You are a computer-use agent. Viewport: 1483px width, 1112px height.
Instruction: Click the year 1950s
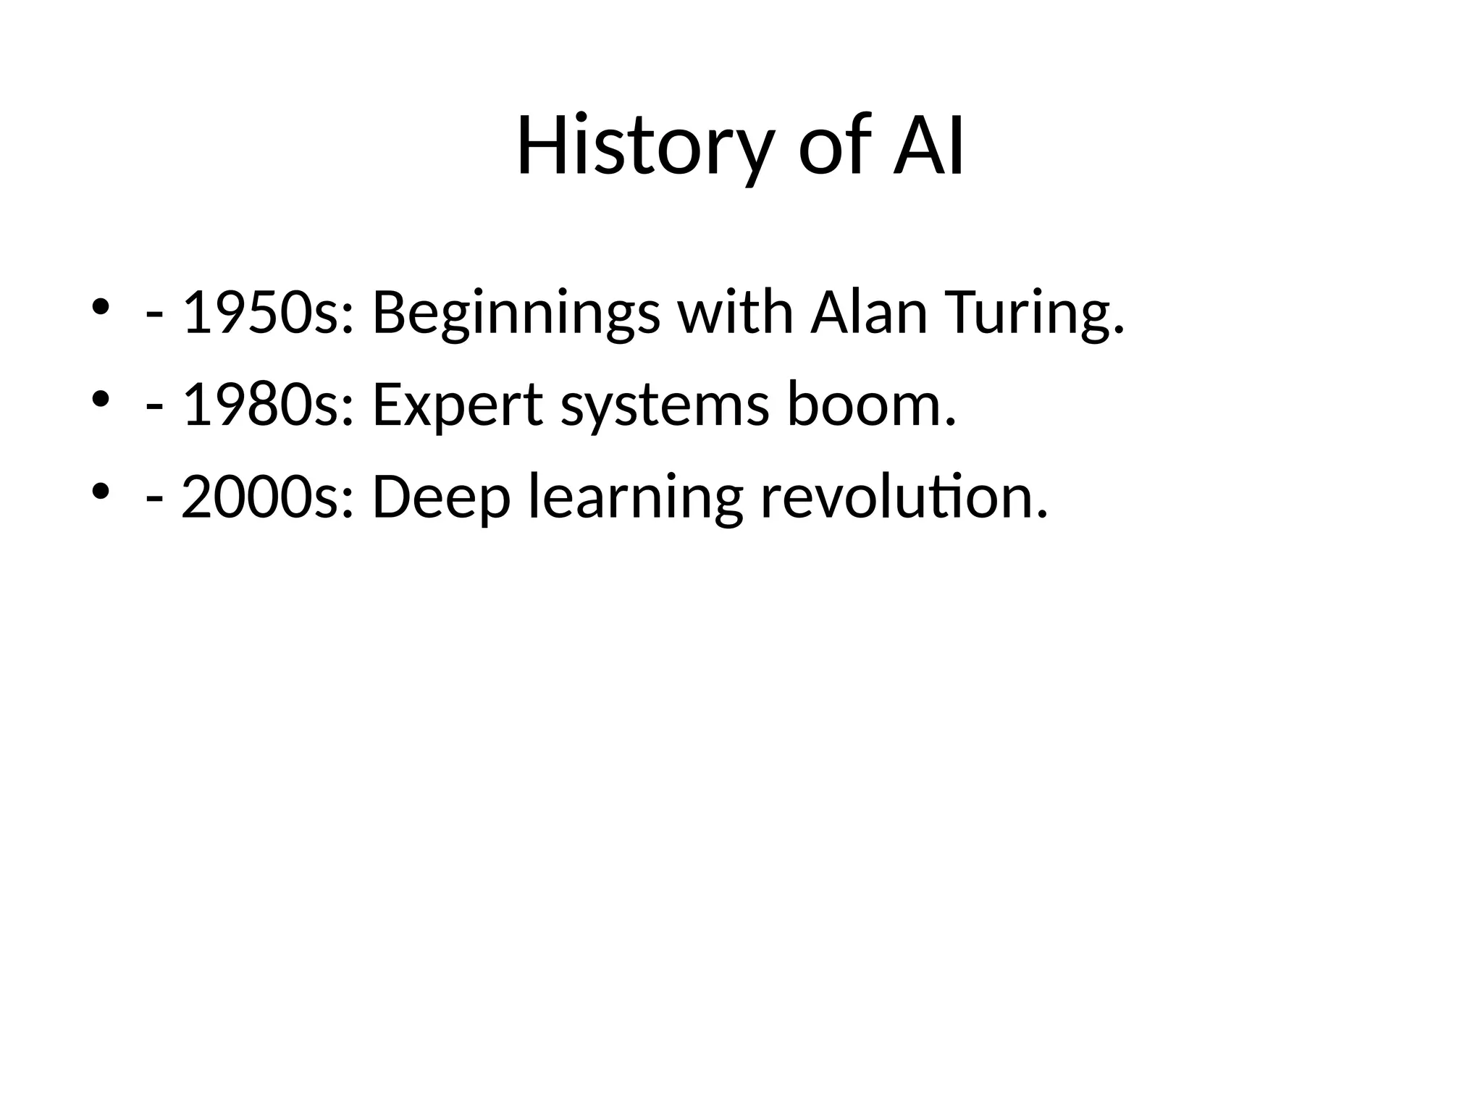point(268,313)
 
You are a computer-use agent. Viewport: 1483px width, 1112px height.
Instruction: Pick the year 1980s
point(268,405)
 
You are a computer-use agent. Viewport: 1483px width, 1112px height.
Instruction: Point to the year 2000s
point(268,497)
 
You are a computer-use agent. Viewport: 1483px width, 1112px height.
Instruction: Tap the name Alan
point(868,313)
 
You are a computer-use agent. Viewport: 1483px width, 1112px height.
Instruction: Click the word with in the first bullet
point(735,313)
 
